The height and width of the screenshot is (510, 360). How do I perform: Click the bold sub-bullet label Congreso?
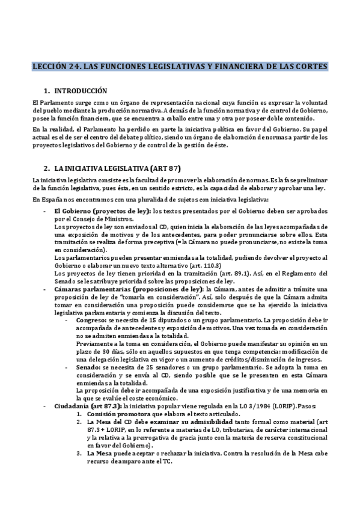(x=90, y=320)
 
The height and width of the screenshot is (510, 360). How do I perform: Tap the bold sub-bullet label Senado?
(x=86, y=366)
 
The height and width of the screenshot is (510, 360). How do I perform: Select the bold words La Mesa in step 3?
(x=99, y=452)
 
